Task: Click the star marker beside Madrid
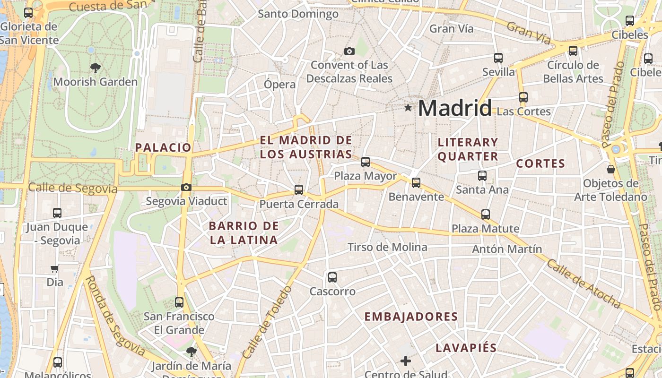click(x=408, y=108)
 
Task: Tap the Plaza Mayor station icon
click(x=366, y=162)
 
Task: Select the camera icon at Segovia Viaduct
click(x=186, y=187)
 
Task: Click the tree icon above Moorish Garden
click(x=96, y=68)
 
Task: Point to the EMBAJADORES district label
click(x=411, y=317)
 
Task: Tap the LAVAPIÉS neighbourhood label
click(x=466, y=348)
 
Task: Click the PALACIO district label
click(x=163, y=147)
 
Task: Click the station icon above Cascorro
click(x=332, y=277)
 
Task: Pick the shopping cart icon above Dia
click(x=55, y=269)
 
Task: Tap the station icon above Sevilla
click(x=498, y=58)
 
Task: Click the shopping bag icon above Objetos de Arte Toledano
click(x=611, y=169)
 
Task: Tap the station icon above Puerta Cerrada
click(x=299, y=190)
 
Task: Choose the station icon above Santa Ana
click(x=482, y=176)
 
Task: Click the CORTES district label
click(x=540, y=163)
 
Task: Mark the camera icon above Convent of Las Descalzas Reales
click(x=349, y=51)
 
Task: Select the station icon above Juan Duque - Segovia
click(x=57, y=213)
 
